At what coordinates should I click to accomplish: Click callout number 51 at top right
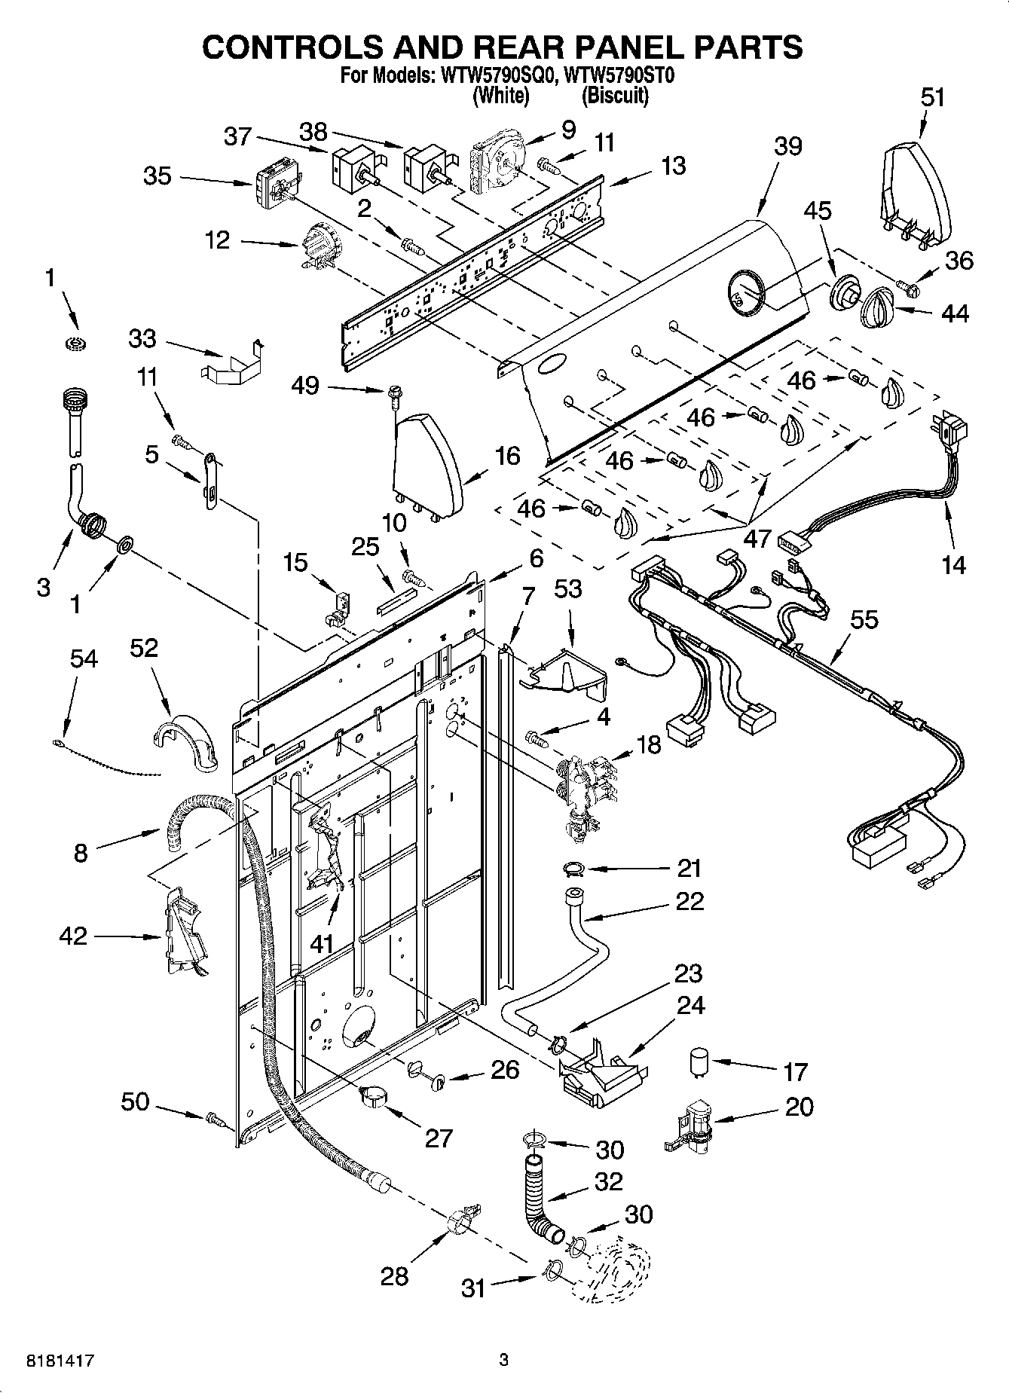(932, 98)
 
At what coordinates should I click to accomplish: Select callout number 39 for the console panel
(787, 146)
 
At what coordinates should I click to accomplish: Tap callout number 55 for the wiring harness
(864, 619)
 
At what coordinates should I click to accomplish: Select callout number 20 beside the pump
(799, 1107)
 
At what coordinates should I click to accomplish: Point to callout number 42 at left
(73, 936)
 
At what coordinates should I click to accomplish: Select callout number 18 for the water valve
(648, 744)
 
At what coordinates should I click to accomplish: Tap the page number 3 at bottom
(503, 1361)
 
